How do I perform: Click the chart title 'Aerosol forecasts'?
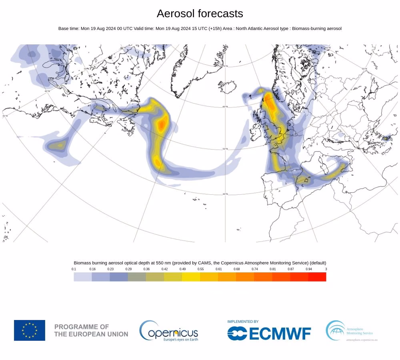(x=200, y=14)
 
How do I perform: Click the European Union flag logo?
(x=30, y=330)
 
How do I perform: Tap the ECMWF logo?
(x=269, y=333)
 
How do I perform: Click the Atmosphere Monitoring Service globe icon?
(x=335, y=330)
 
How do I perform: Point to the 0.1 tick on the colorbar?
(x=74, y=269)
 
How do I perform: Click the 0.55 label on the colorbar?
(x=200, y=269)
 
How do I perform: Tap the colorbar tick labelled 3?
(x=326, y=269)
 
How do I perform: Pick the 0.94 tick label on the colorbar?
(x=308, y=269)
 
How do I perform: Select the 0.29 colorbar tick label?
(x=128, y=269)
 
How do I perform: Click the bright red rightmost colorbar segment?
(x=317, y=277)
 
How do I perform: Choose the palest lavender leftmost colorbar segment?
(x=83, y=277)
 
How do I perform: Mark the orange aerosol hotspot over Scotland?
(x=270, y=103)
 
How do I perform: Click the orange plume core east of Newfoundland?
(x=162, y=124)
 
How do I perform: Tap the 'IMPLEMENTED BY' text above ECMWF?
(x=243, y=322)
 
